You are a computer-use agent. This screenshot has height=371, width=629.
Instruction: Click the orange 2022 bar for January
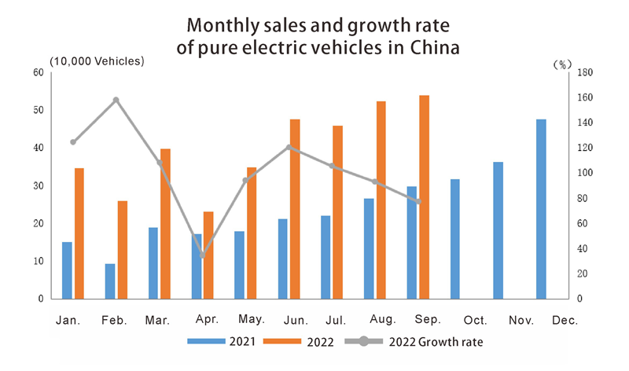coord(79,233)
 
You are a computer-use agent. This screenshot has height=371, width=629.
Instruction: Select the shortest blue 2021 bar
coord(110,281)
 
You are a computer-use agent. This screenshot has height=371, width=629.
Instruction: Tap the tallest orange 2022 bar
coord(424,197)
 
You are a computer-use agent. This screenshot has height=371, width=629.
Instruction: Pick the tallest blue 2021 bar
coord(541,209)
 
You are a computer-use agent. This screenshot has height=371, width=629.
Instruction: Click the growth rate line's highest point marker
coord(116,100)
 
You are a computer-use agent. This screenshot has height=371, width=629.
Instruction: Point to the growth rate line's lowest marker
coord(202,255)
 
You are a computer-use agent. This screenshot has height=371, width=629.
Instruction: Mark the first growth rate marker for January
coord(73,142)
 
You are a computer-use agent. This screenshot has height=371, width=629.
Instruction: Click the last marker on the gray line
coord(419,202)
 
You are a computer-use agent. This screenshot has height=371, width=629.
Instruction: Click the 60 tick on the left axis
coord(37,72)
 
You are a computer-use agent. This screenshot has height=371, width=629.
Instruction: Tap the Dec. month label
coord(565,321)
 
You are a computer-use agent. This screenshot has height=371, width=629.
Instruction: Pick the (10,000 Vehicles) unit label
coord(97,61)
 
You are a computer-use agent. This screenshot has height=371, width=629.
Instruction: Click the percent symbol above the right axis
coord(563,64)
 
